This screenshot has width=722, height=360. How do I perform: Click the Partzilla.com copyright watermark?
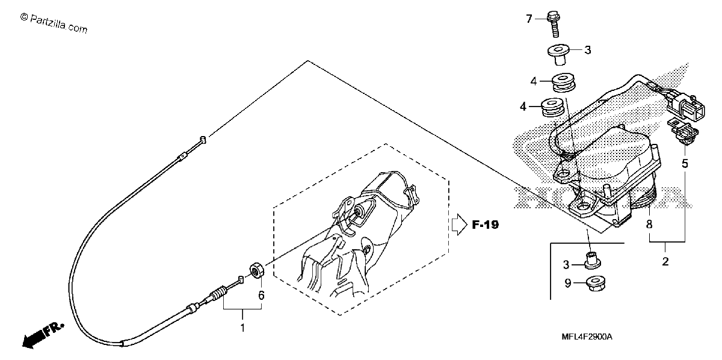[x=54, y=23]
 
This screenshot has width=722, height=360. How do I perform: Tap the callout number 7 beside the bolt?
[x=529, y=19]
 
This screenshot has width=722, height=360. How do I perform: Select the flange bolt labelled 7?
[x=554, y=24]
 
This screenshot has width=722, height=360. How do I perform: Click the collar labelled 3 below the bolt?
[x=559, y=54]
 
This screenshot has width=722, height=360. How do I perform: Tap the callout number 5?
[x=685, y=164]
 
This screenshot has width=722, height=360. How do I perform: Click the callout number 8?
[x=649, y=224]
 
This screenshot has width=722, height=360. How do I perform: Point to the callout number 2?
[x=665, y=261]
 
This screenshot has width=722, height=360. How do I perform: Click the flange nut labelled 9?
[x=596, y=283]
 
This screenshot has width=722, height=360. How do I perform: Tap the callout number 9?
[x=567, y=283]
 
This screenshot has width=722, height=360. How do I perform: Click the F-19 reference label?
[x=486, y=225]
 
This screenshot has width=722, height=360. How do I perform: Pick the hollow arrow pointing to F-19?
[x=459, y=225]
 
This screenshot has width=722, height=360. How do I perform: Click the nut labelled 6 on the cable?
[x=258, y=270]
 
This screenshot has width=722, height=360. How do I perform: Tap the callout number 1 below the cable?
[x=242, y=327]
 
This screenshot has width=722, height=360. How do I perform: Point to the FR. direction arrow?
[x=43, y=335]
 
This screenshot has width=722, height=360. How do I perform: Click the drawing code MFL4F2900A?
[x=587, y=337]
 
